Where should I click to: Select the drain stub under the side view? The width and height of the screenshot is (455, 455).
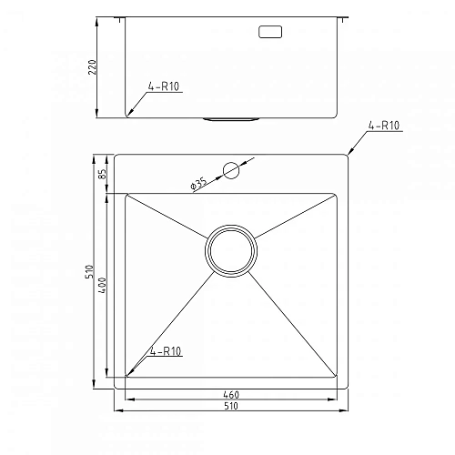point(232,119)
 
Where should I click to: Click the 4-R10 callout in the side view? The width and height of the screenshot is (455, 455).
point(163,87)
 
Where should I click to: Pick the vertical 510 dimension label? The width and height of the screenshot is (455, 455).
point(91,271)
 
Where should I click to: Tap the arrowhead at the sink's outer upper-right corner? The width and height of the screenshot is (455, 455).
point(350,152)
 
